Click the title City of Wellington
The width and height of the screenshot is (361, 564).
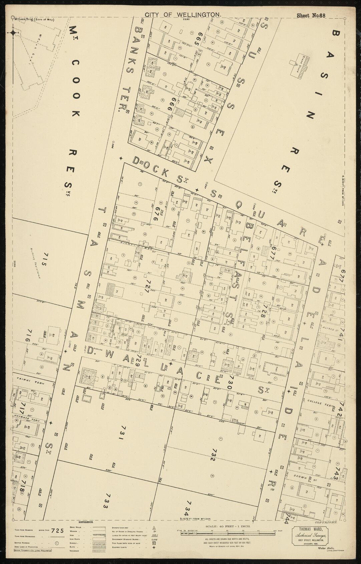[x=183, y=15]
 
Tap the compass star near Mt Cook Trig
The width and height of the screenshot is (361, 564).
[x=13, y=33]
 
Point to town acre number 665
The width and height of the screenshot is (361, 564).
[x=200, y=40]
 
